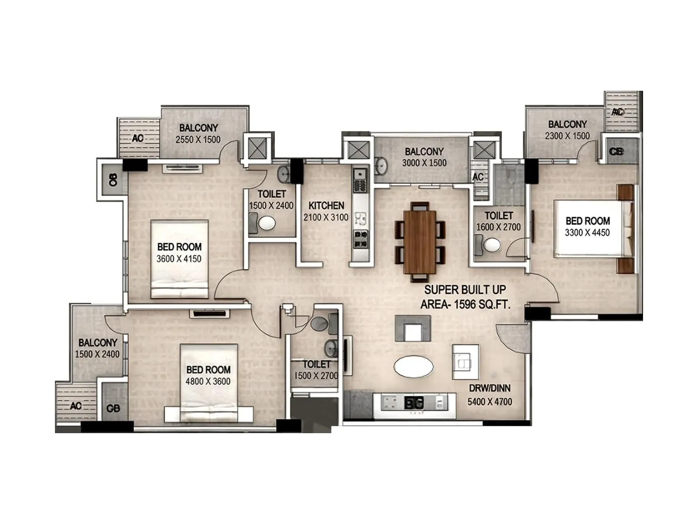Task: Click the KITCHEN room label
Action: click(326, 205)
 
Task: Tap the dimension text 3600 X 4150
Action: click(179, 259)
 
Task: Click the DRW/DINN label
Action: click(489, 388)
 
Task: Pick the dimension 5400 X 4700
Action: click(489, 401)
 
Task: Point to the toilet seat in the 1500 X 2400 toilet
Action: click(267, 224)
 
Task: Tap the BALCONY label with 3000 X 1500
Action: click(424, 152)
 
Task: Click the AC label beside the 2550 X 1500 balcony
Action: click(138, 138)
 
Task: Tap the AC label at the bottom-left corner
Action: click(75, 406)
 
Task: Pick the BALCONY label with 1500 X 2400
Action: click(98, 343)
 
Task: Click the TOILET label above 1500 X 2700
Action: click(316, 364)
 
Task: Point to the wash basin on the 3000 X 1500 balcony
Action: click(381, 165)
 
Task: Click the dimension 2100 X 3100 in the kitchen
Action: click(326, 217)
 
